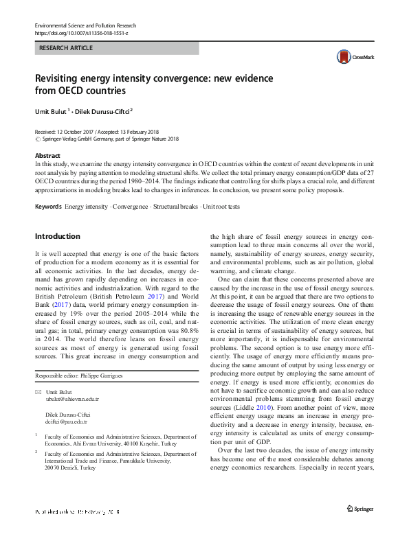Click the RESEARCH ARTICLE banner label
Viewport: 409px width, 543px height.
(x=65, y=49)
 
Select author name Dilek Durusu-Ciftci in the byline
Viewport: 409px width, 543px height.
(x=102, y=110)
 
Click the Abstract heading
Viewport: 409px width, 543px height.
(x=47, y=156)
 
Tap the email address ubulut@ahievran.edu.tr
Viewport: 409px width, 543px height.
(x=72, y=398)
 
